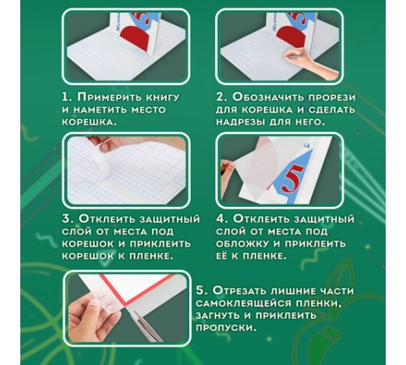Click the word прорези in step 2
331,98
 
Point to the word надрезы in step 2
240,122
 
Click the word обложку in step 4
242,244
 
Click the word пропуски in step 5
226,328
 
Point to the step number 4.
221,219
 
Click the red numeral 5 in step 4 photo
292,179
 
